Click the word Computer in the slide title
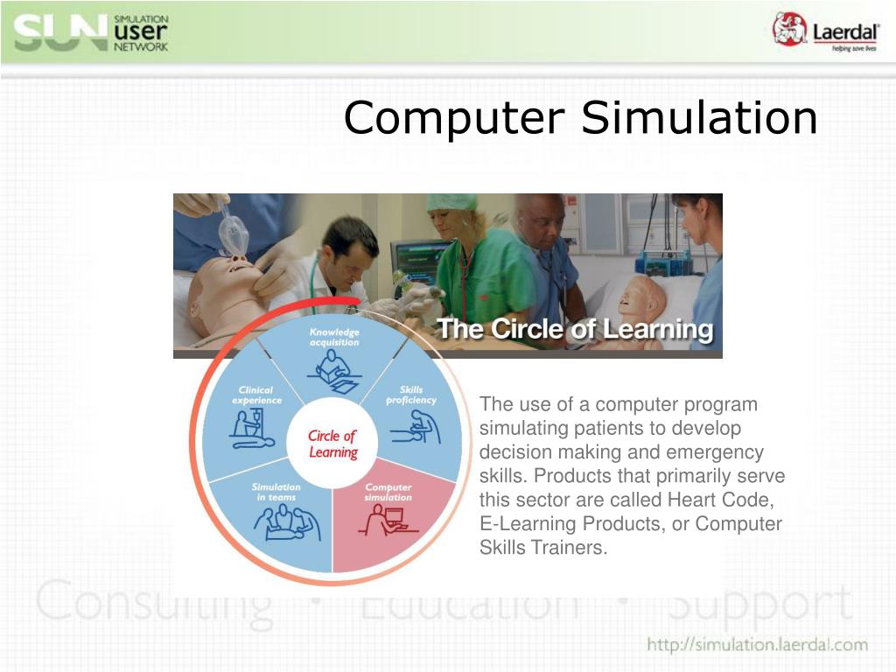coord(454,118)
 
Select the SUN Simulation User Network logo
coord(91,33)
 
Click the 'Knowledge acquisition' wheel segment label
coord(334,338)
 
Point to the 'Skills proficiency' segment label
coord(410,395)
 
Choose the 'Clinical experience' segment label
coord(256,395)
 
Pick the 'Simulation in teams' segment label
coord(276,492)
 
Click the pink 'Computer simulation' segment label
coord(388,492)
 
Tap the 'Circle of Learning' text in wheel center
coord(332,444)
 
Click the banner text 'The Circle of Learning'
coord(575,330)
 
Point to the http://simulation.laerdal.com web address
coord(757,646)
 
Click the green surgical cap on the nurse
coord(451,202)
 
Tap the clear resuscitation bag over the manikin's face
coord(233,232)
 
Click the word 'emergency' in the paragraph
coord(716,452)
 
